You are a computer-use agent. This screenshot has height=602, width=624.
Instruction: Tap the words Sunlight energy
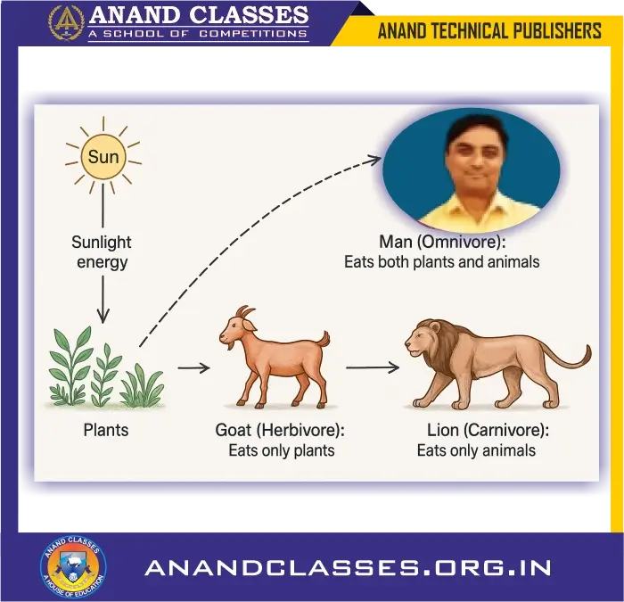click(102, 252)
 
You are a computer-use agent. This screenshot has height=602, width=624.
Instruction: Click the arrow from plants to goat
click(193, 367)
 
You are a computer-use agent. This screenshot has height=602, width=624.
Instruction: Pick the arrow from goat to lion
click(371, 367)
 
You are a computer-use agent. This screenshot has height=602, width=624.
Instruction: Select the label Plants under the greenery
click(106, 430)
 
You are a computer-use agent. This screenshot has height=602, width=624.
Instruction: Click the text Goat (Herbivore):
click(280, 431)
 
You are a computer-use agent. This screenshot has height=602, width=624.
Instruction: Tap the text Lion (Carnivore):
click(488, 431)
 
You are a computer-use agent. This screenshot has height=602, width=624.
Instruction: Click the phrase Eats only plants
click(282, 450)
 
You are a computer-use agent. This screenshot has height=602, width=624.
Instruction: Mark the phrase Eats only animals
click(476, 450)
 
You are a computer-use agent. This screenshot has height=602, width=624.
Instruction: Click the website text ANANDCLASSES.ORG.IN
click(348, 567)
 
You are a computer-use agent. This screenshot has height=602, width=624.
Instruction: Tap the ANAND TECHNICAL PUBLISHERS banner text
click(489, 31)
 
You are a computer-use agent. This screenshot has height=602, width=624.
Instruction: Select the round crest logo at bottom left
click(73, 566)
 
